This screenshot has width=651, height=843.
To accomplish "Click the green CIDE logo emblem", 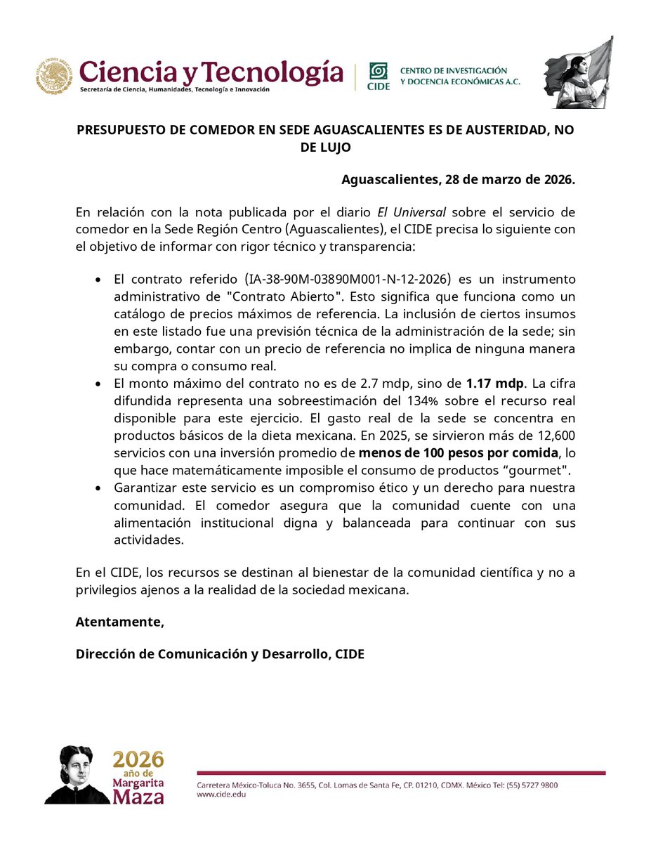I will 379,72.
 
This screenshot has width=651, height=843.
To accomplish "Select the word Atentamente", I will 119,622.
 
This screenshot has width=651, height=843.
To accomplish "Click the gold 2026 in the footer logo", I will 139,759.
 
